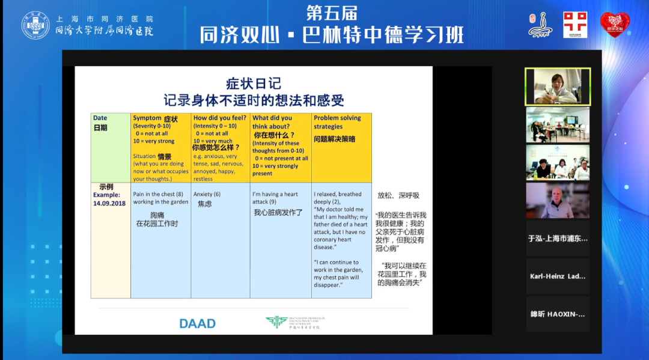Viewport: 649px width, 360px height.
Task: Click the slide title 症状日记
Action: tap(253, 83)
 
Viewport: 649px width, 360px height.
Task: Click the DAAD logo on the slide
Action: tap(197, 323)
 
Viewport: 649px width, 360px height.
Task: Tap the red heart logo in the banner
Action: tap(615, 25)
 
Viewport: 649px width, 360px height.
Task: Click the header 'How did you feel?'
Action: tap(220, 118)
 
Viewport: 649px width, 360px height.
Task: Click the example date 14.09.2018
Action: tap(109, 204)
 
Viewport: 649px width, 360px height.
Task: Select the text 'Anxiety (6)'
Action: tap(207, 194)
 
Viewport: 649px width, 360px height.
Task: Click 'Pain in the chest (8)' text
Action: tap(158, 194)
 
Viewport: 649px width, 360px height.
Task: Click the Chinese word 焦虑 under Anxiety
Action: tap(205, 204)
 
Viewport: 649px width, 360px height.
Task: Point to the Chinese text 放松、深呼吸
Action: tap(398, 196)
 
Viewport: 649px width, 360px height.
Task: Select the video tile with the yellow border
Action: tap(558, 85)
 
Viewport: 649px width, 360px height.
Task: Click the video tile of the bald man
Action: tap(558, 200)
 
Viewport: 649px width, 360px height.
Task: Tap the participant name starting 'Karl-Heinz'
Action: tap(558, 276)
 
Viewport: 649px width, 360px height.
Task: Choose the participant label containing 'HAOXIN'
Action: tap(558, 314)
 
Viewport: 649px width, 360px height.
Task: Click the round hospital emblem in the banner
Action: tap(36, 25)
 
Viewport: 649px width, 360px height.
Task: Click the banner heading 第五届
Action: tap(332, 12)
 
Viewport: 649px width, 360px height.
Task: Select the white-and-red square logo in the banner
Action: tap(575, 25)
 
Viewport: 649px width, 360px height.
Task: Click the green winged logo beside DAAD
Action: tap(277, 322)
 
